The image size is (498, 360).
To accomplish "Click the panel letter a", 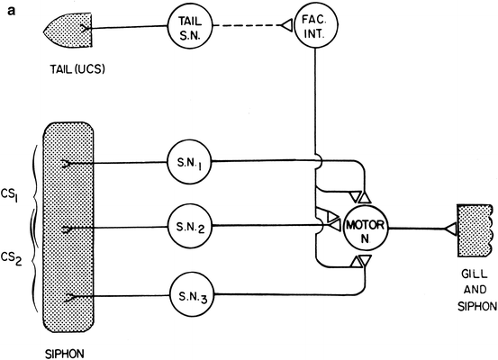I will coord(7,8).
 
